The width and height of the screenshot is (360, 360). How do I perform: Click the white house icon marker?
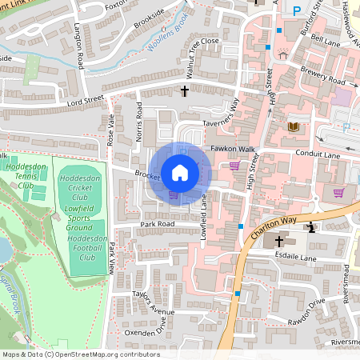coord(180,172)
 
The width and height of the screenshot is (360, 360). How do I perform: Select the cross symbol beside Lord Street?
coord(185,92)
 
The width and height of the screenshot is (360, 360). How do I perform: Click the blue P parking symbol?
coord(298,11)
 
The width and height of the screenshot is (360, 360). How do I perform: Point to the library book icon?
coord(293,126)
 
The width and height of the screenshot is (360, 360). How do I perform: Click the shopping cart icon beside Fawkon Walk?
coord(234,166)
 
